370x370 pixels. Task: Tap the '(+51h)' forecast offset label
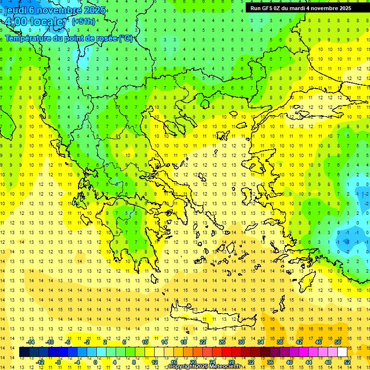coord(83,22)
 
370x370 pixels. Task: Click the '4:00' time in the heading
coord(15,22)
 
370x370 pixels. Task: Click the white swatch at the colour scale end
coord(342,352)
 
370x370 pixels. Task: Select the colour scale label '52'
coord(347,362)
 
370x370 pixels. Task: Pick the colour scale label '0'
coord(95,362)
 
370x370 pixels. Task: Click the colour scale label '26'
coord(222,342)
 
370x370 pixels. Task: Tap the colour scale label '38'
coord(280,342)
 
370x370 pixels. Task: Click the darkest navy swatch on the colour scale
coord(24,352)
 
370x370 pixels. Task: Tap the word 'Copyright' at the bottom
coord(181,367)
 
